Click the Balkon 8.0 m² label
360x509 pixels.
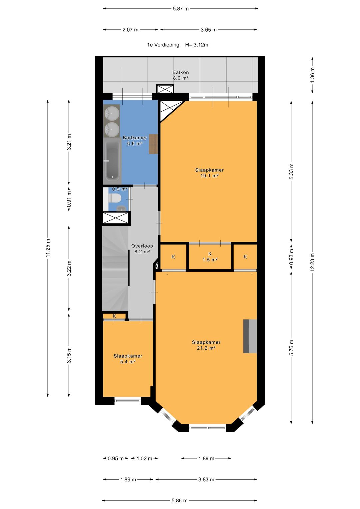(181, 75)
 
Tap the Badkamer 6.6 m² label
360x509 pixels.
(135, 140)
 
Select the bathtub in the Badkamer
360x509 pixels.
(112, 163)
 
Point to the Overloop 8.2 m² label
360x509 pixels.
(142, 249)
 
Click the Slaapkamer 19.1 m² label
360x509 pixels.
(209, 173)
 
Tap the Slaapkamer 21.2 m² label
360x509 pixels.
(206, 345)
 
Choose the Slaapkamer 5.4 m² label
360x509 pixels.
(128, 359)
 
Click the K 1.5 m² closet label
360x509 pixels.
(210, 257)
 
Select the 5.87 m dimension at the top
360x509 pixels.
(181, 9)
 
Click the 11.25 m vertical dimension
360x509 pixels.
(48, 248)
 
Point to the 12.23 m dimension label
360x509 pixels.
(312, 262)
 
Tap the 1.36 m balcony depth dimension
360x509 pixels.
(312, 75)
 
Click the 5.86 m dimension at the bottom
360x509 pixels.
(180, 500)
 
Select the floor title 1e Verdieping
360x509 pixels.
(163, 45)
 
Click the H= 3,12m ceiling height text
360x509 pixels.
(197, 45)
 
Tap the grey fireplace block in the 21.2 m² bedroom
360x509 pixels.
(250, 336)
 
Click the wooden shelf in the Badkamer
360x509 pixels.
(153, 144)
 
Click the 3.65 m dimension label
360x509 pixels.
(209, 30)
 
